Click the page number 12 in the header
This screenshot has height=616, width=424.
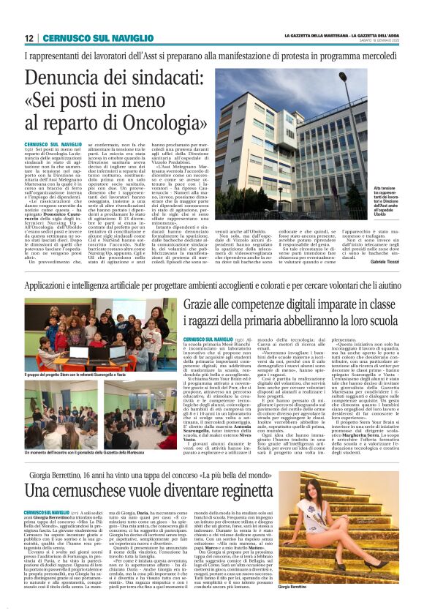[x=29, y=39]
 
